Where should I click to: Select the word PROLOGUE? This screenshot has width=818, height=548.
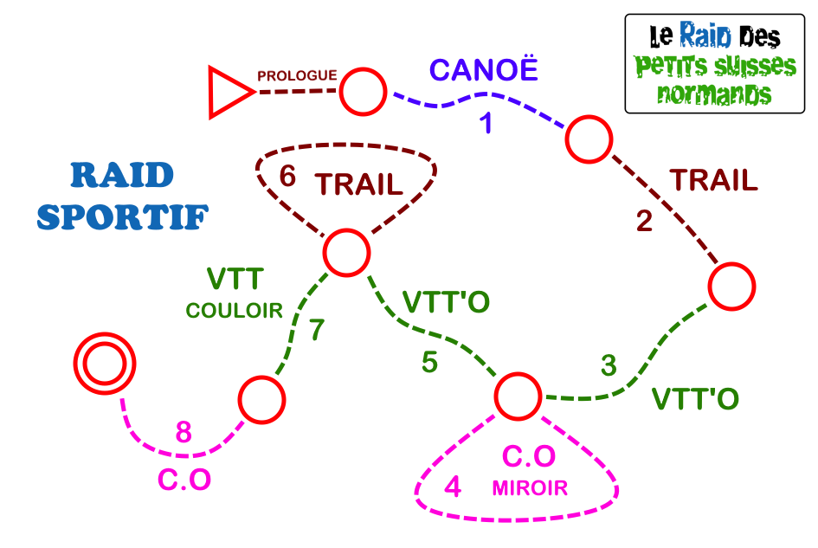297,75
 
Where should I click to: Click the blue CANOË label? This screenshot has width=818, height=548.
484,69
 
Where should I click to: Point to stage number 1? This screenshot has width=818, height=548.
486,124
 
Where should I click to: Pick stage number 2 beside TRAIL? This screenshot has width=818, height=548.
644,222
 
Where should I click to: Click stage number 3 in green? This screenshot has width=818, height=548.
609,366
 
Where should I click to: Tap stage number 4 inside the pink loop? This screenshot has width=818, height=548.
452,487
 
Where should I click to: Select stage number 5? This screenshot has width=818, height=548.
430,363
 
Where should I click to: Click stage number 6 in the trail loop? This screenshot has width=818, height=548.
287,177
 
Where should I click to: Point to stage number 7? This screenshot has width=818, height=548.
318,330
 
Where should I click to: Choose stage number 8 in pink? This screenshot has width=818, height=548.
184,432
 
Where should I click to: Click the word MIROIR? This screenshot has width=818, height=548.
530,488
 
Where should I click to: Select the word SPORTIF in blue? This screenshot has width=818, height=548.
122,216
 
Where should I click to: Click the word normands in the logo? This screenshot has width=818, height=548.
714,93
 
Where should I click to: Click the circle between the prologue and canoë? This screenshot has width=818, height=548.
362,91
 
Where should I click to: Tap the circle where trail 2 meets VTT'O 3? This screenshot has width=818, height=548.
731,286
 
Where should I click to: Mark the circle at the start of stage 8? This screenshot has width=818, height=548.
261,400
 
